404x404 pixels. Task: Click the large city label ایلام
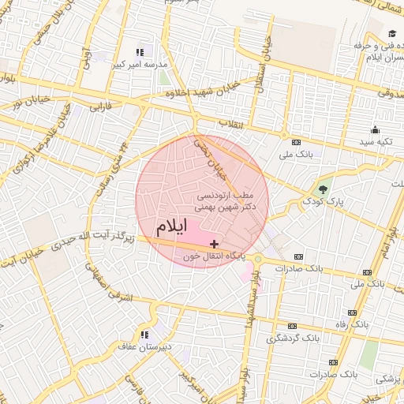click(x=172, y=226)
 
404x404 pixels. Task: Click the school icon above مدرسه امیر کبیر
click(x=140, y=51)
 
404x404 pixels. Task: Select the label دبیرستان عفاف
click(x=140, y=346)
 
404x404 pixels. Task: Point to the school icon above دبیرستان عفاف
click(x=144, y=334)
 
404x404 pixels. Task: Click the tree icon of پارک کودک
click(x=322, y=189)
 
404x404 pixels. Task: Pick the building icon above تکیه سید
click(x=375, y=130)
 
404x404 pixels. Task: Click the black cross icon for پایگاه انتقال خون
click(x=215, y=245)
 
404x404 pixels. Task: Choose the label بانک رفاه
click(x=353, y=324)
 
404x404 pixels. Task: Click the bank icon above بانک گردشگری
click(x=293, y=326)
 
